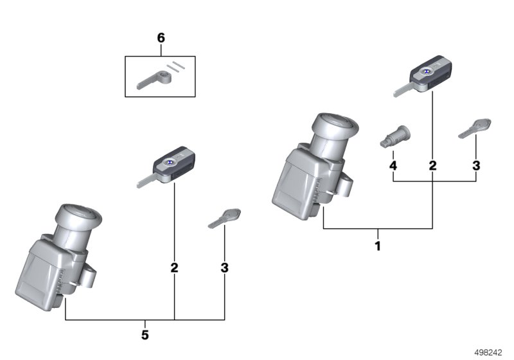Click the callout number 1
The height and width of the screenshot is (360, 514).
coord(378,246)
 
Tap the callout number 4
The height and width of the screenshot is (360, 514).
coord(393,166)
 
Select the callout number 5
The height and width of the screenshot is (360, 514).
coord(145,335)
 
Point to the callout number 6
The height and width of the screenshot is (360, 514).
coord(161,39)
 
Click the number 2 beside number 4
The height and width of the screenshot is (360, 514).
coord(432,166)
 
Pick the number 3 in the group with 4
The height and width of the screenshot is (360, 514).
coord(476,166)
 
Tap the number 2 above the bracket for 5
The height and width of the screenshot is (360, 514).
coord(174,267)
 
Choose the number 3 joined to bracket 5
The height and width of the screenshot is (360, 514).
coord(224,267)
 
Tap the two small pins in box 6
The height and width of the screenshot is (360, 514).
coord(175,66)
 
